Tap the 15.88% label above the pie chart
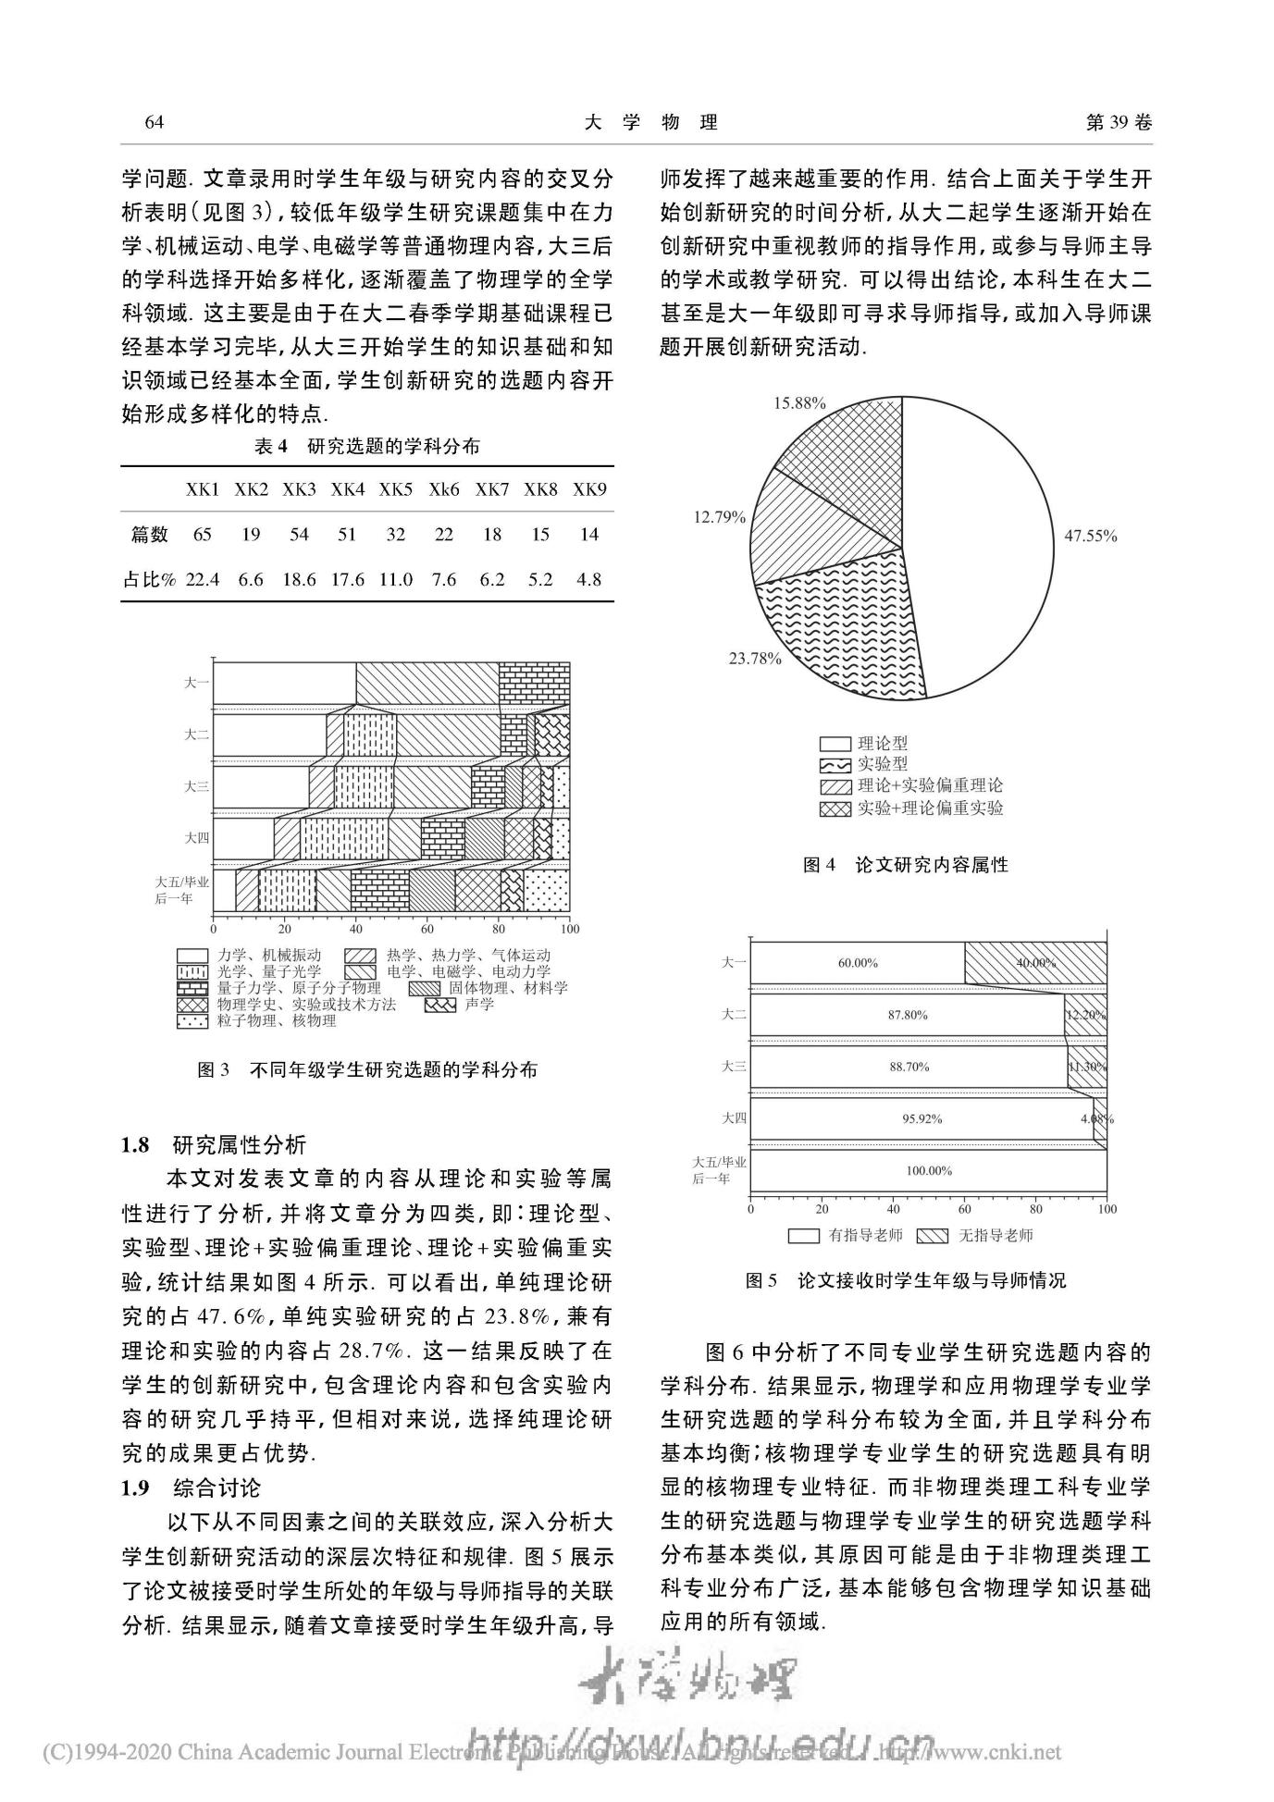799,402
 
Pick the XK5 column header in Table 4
395,489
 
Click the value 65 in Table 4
202,534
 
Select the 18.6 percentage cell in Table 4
299,580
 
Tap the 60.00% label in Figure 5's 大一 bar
858,963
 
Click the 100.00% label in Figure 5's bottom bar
928,1170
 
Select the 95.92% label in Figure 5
921,1118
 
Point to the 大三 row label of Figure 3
196,786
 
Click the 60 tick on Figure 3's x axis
427,929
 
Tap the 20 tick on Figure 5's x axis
822,1208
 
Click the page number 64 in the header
155,123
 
